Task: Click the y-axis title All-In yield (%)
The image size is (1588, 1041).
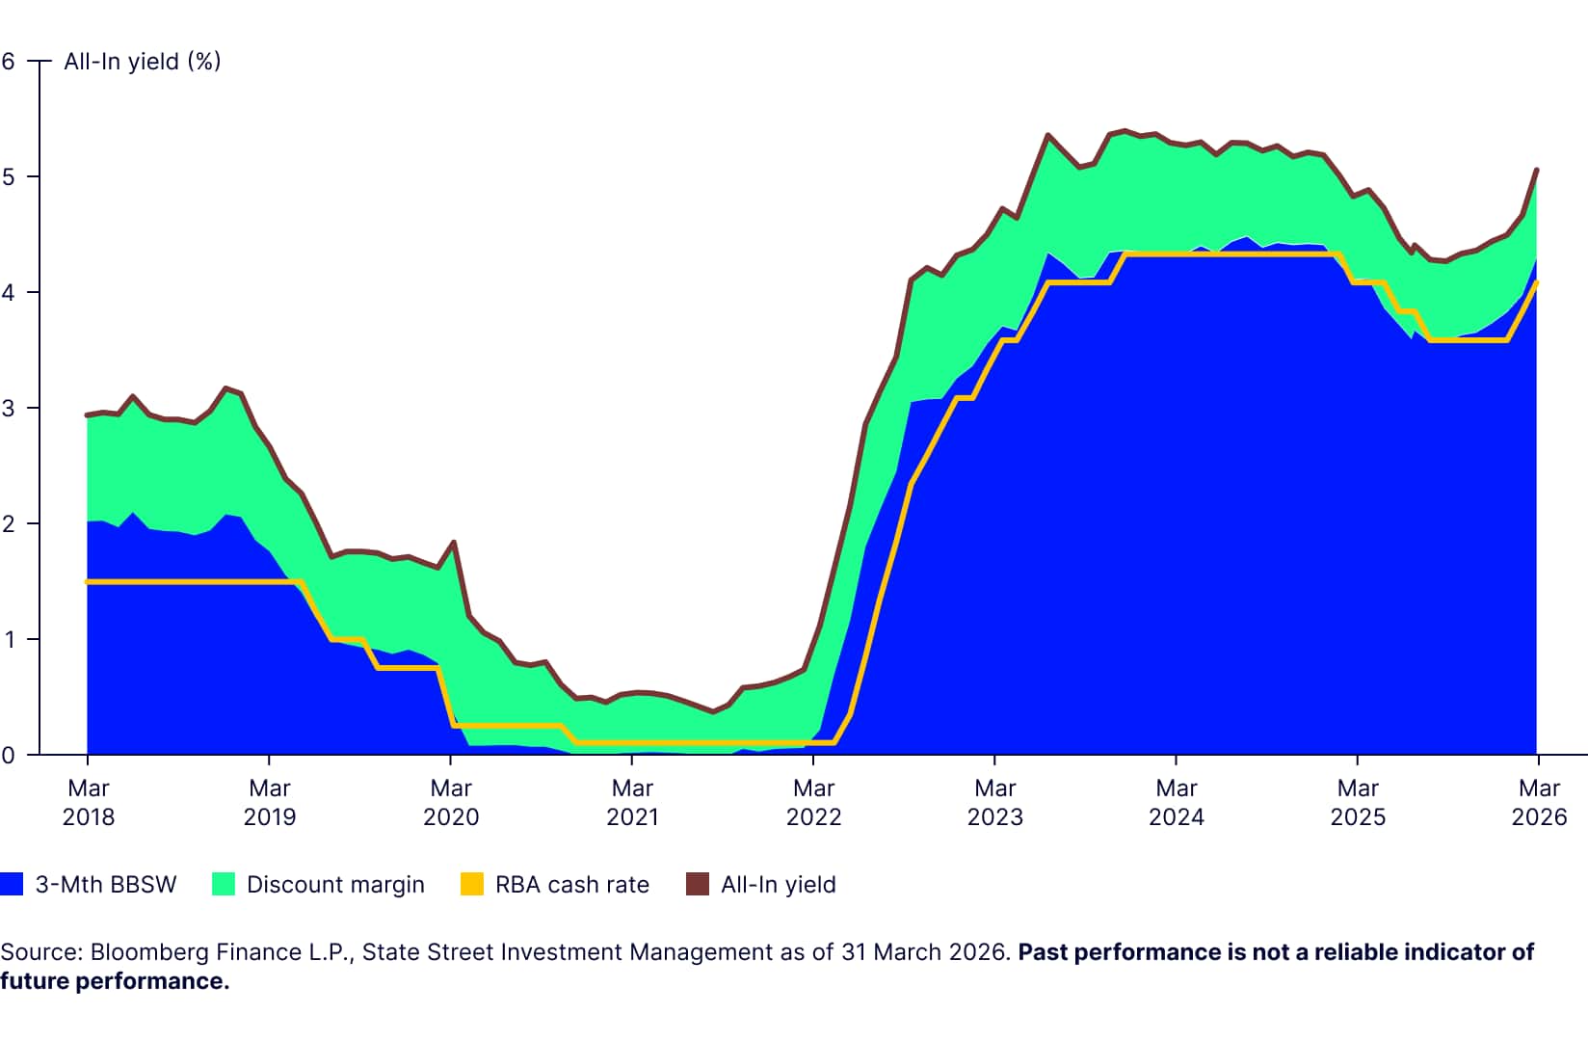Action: click(x=143, y=62)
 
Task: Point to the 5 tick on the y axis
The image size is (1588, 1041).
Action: click(x=9, y=176)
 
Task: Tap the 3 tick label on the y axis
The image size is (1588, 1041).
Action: click(x=9, y=408)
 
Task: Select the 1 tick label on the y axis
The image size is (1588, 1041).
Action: click(x=9, y=639)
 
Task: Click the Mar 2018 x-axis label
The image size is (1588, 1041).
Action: click(x=88, y=802)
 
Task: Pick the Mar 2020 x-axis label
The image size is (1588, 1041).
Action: click(x=451, y=802)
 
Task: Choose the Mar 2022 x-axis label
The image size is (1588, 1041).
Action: click(x=813, y=802)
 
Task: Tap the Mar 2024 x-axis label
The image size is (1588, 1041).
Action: click(x=1177, y=802)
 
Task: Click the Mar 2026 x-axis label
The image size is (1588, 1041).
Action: click(x=1539, y=802)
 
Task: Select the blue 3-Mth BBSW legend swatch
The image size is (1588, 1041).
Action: click(x=12, y=884)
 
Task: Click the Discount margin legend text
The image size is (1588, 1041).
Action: click(x=335, y=885)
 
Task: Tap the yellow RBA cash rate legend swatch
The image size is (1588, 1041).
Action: click(x=472, y=884)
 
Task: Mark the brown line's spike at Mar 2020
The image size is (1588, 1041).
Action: click(x=453, y=542)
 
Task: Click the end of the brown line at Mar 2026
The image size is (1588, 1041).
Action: click(x=1536, y=170)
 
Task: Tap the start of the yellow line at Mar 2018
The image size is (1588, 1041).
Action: click(x=89, y=581)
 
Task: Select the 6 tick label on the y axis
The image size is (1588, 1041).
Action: click(x=9, y=62)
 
